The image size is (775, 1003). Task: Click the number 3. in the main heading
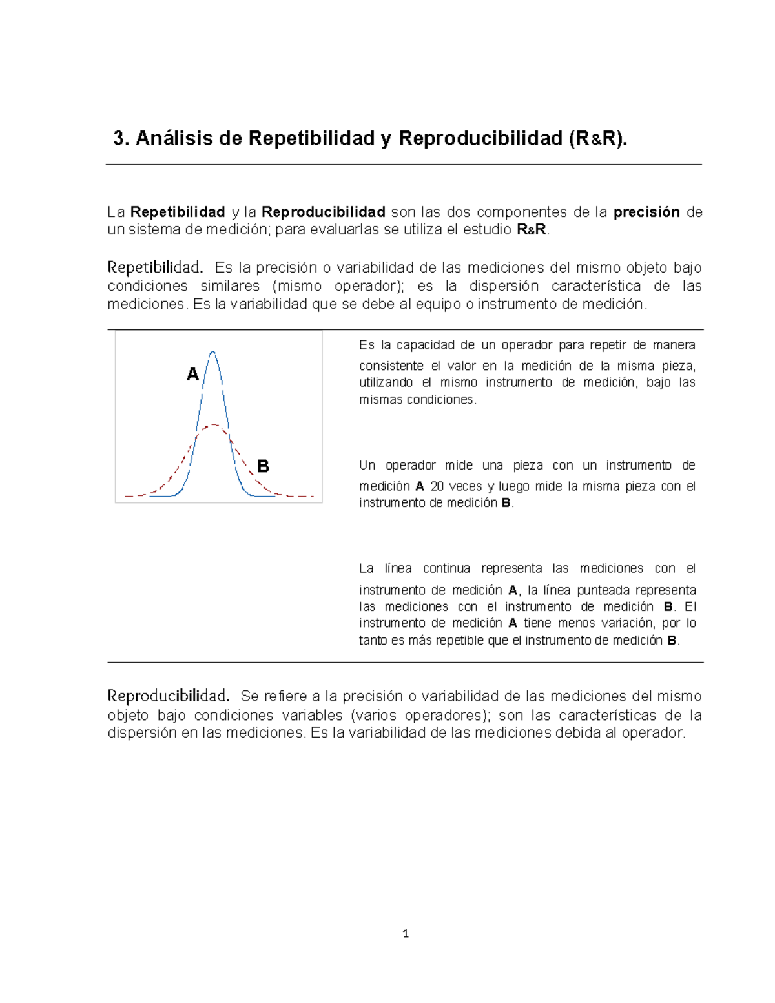click(121, 138)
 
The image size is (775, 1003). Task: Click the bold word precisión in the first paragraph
click(646, 212)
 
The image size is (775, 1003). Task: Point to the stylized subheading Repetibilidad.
click(155, 267)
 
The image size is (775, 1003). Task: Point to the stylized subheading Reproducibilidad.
click(168, 696)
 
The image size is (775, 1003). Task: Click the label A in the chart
click(192, 375)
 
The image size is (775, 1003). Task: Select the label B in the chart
click(263, 466)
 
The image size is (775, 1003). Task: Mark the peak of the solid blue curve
click(212, 352)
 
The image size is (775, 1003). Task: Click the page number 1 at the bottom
click(405, 933)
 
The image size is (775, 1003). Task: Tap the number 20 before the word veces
click(437, 486)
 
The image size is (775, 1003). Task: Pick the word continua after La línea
click(447, 568)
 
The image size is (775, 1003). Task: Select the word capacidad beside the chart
click(426, 345)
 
